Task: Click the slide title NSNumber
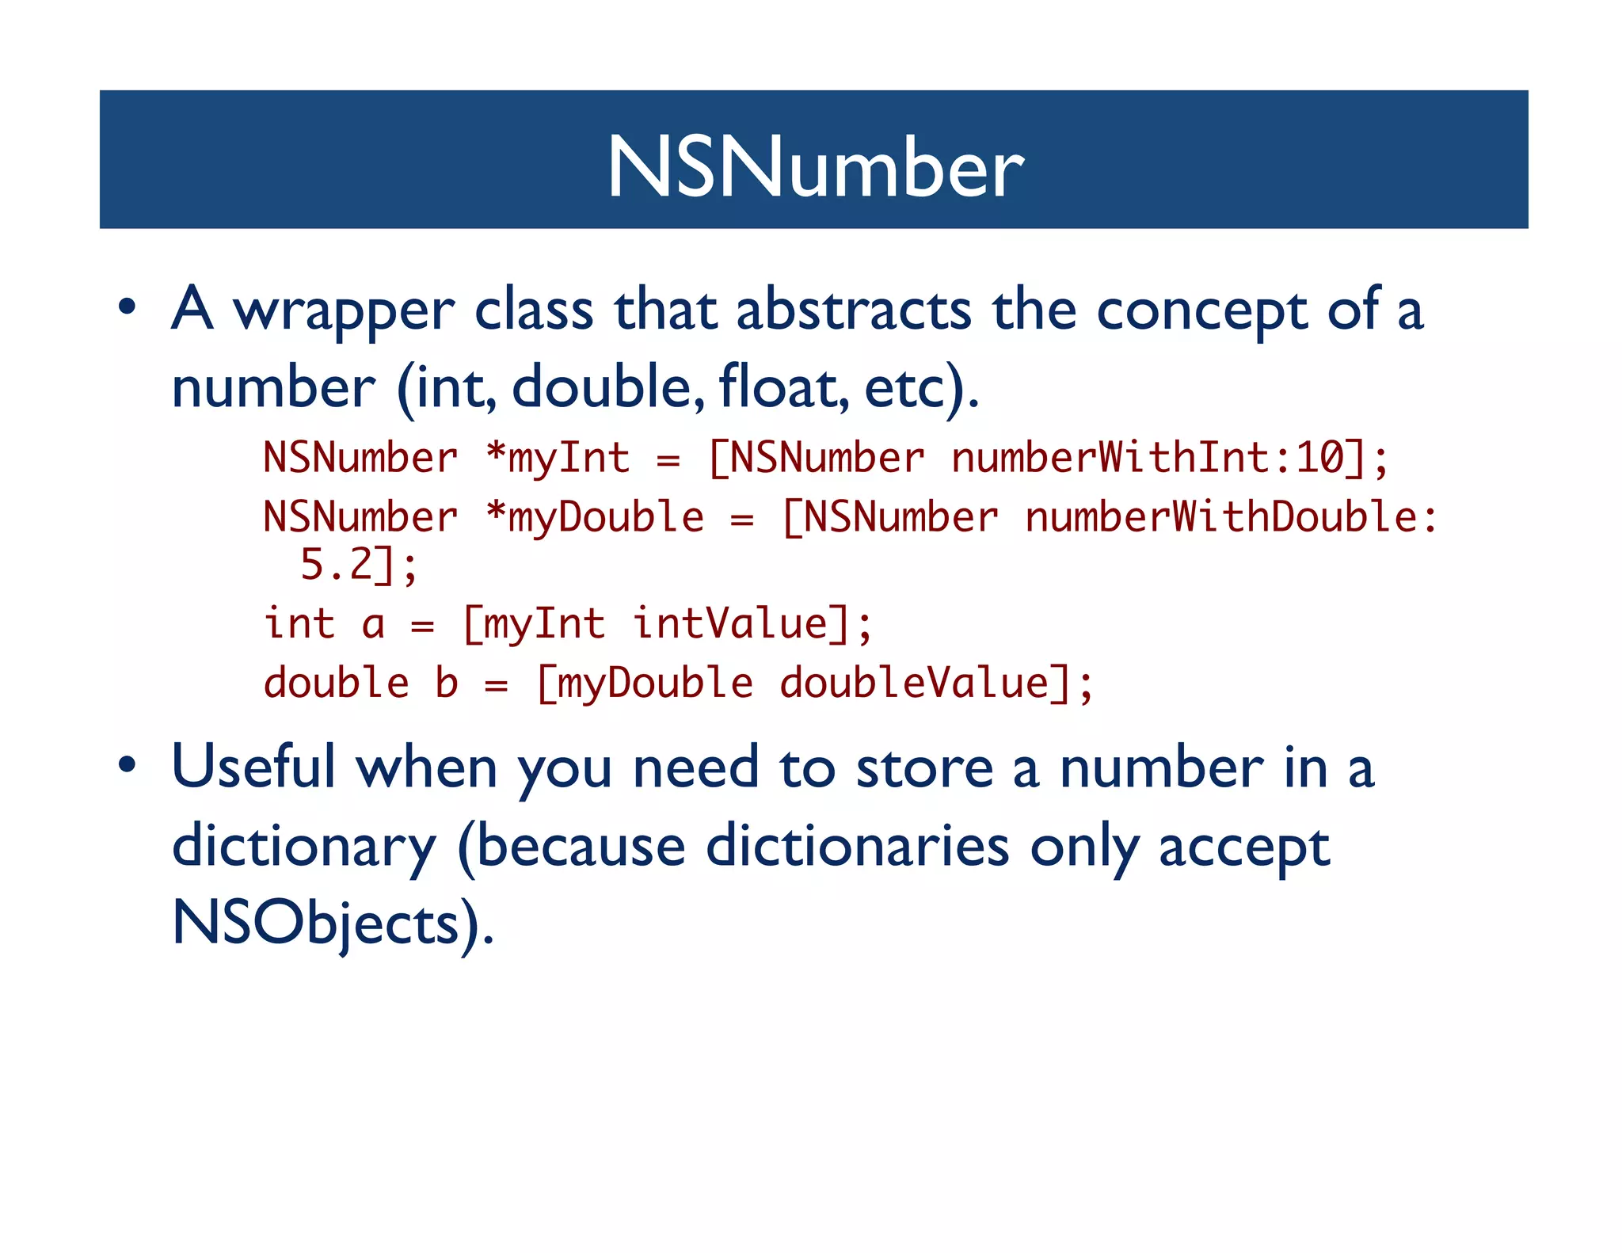pos(815,166)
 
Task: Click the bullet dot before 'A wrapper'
pos(128,307)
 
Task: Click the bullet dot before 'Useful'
pos(128,765)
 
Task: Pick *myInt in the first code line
pos(558,458)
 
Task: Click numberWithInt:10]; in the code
pos(1169,458)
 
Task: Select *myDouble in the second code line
pos(595,517)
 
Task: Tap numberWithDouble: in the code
pos(1231,517)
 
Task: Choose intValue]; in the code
pos(752,623)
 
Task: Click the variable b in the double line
pos(447,683)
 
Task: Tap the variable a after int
pos(373,623)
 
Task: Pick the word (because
pos(571,846)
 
